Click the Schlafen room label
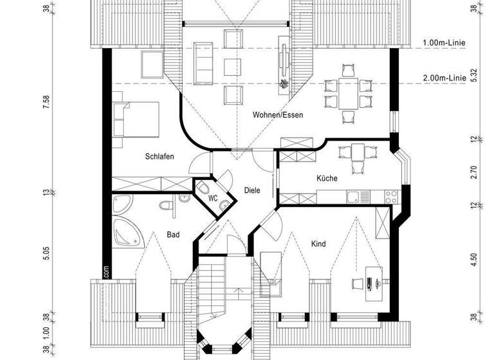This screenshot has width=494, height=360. (160, 156)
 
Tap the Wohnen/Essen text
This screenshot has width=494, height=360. (277, 115)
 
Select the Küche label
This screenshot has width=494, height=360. (327, 178)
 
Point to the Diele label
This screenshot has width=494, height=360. (252, 190)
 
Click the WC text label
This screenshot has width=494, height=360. (212, 199)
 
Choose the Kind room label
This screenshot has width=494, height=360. (318, 244)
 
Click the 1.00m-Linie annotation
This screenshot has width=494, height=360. (444, 43)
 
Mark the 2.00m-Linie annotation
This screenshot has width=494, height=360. (444, 78)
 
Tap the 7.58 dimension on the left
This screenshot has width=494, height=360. (46, 103)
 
